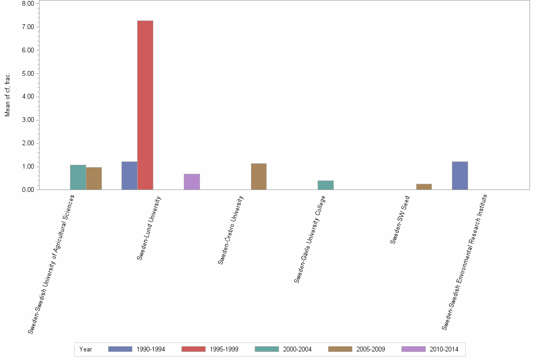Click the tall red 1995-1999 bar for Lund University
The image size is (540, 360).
tap(145, 105)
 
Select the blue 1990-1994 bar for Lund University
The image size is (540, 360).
tap(130, 176)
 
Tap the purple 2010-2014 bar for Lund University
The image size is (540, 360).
tap(192, 182)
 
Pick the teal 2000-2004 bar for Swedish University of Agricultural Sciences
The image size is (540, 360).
tap(78, 177)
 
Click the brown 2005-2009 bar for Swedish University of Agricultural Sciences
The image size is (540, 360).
tap(94, 179)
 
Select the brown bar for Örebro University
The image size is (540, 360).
tap(259, 177)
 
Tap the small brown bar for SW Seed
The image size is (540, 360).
tap(424, 187)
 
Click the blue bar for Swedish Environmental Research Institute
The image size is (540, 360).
tap(460, 176)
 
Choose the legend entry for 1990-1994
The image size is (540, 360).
tap(136, 349)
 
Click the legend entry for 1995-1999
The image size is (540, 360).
tap(210, 349)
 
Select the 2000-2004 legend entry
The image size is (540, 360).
tap(283, 349)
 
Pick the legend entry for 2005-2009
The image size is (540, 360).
tap(356, 349)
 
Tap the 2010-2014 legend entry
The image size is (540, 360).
tap(430, 349)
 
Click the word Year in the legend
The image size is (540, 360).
tap(86, 349)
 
